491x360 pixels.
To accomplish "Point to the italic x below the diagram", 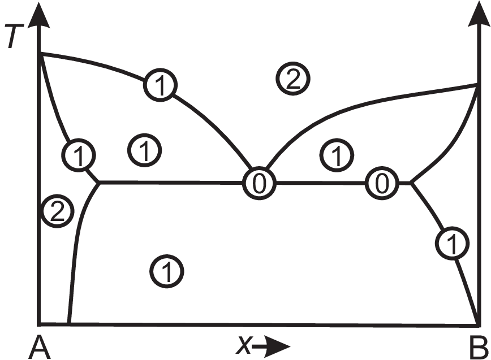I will click(x=244, y=345).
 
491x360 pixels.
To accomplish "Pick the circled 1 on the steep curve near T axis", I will click(x=79, y=154).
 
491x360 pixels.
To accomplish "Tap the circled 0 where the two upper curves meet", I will click(x=259, y=183).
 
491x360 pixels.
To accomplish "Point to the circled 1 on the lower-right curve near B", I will click(x=452, y=244).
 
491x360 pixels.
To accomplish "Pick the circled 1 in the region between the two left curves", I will click(x=145, y=150).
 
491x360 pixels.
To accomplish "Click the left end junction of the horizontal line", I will click(x=100, y=183).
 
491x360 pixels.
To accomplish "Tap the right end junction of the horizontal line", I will click(x=411, y=183).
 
